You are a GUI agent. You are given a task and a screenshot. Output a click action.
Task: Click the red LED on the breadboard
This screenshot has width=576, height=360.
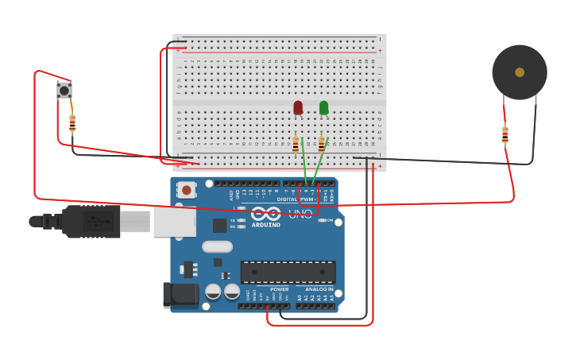coord(298,107)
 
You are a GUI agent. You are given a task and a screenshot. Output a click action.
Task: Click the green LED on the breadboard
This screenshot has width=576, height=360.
coord(323,107)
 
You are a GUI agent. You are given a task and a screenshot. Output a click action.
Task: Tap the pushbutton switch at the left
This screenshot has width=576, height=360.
coord(64,91)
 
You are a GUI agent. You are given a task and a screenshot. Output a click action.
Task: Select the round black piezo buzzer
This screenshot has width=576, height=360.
coord(520,72)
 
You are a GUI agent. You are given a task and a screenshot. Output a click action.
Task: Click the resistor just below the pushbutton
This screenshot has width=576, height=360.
coord(72,123)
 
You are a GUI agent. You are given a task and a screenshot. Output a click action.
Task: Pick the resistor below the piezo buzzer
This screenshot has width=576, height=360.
coord(505,135)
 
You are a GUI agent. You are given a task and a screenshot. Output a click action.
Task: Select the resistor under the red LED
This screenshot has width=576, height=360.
coord(296,145)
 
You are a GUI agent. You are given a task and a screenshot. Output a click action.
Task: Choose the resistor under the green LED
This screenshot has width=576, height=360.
coord(321,145)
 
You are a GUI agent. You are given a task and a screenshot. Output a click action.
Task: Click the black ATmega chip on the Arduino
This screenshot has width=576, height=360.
coord(288,272)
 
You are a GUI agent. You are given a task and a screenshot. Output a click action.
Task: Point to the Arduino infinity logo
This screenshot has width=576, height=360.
coord(265,214)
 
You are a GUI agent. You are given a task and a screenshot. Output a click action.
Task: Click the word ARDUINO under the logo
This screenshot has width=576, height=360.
coord(265,225)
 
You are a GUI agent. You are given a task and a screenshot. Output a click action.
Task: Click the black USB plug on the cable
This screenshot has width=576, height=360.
coord(91,222)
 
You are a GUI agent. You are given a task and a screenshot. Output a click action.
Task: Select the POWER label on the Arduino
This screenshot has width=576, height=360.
coord(279,289)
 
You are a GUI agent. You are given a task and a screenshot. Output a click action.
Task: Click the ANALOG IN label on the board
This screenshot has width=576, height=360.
coord(319,289)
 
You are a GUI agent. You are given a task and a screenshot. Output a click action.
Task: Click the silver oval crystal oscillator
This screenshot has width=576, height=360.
coord(217,246)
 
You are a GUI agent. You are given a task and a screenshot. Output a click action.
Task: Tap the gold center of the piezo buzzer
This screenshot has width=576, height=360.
coord(520,72)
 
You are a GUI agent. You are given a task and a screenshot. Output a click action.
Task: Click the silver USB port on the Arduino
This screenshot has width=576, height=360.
coord(174,223)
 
